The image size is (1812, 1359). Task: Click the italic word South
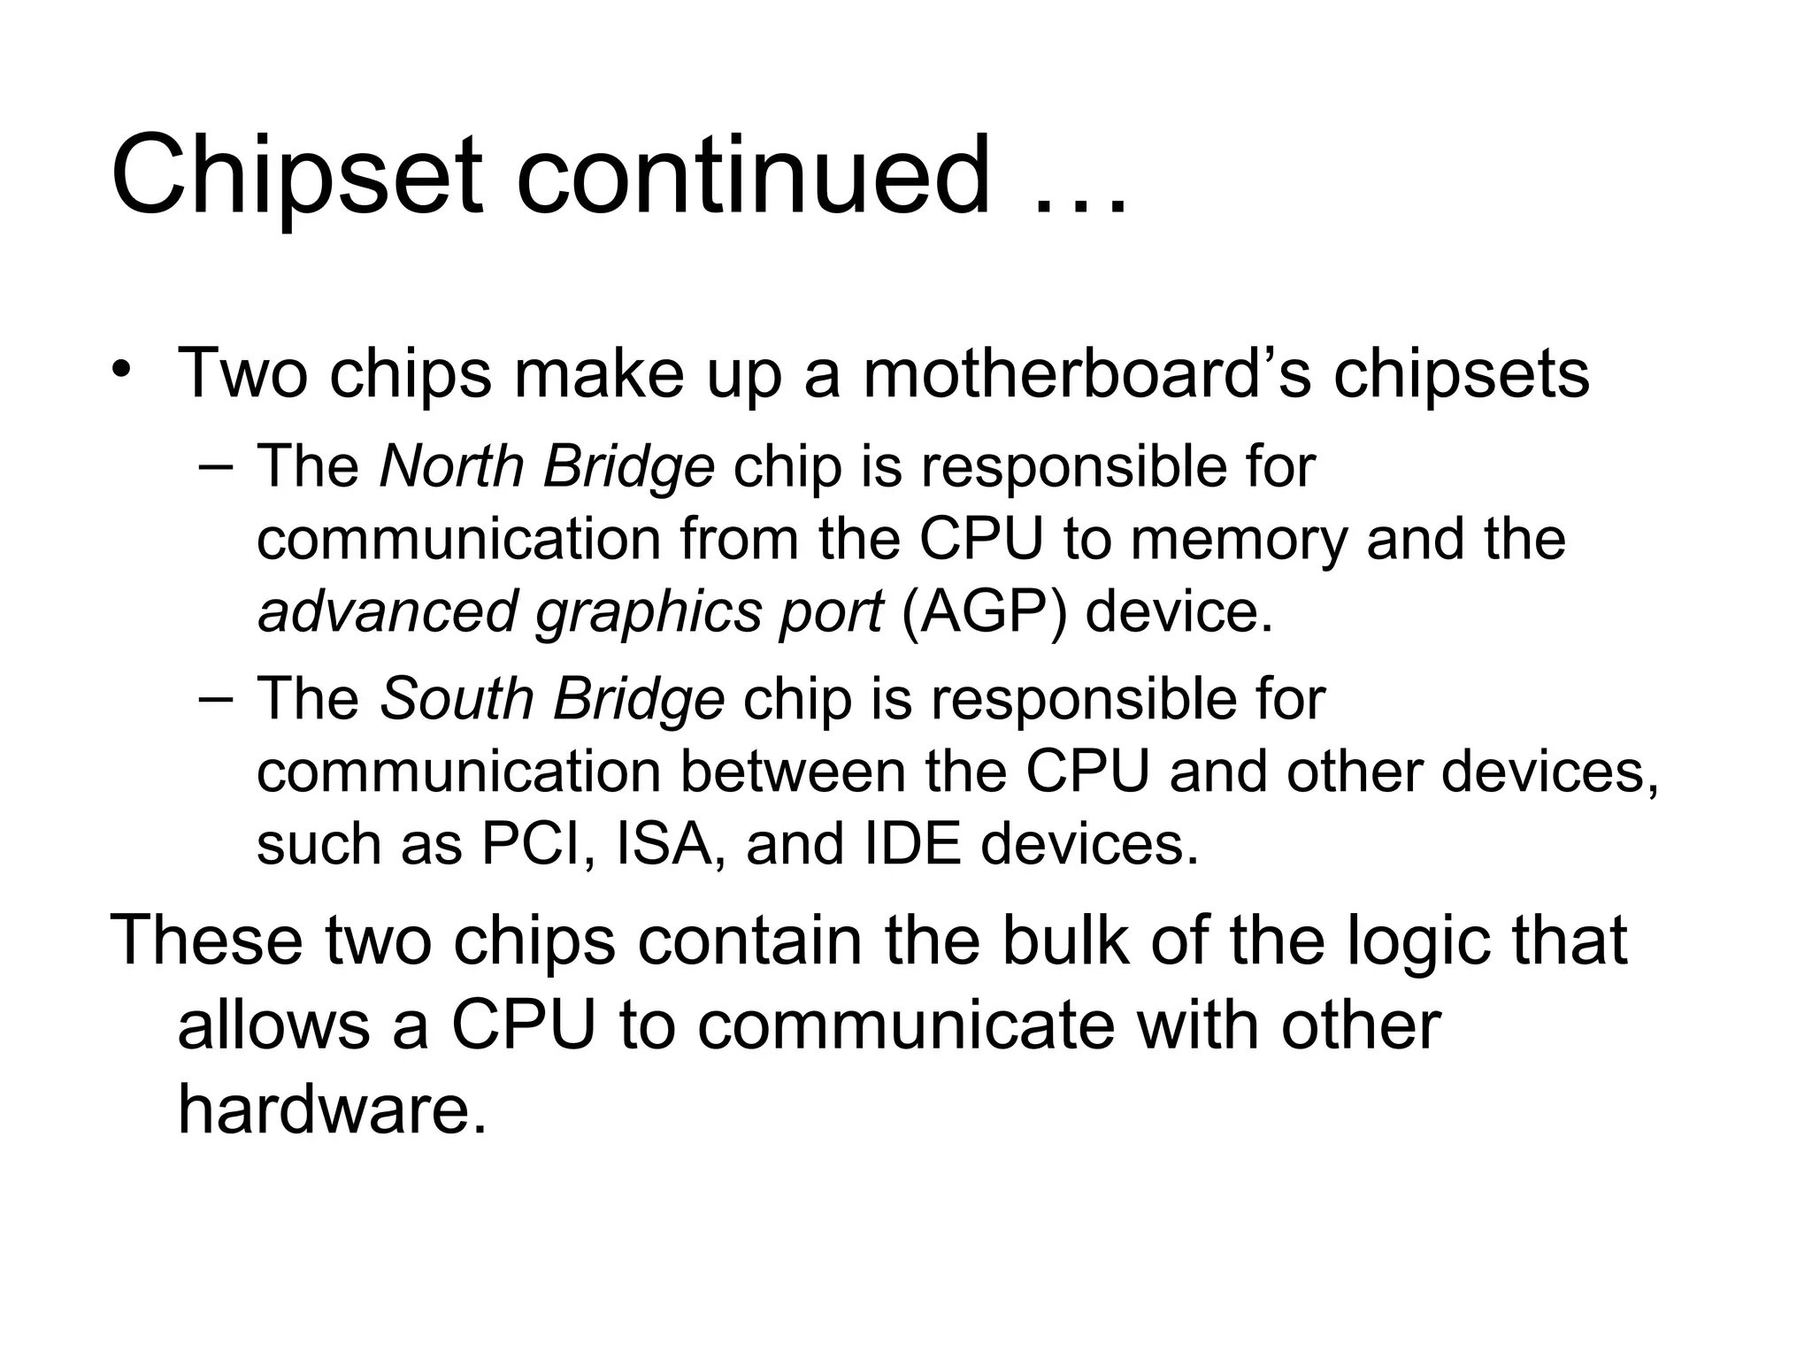point(457,699)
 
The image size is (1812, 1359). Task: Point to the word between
point(794,772)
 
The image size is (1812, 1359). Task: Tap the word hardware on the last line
point(332,1110)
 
